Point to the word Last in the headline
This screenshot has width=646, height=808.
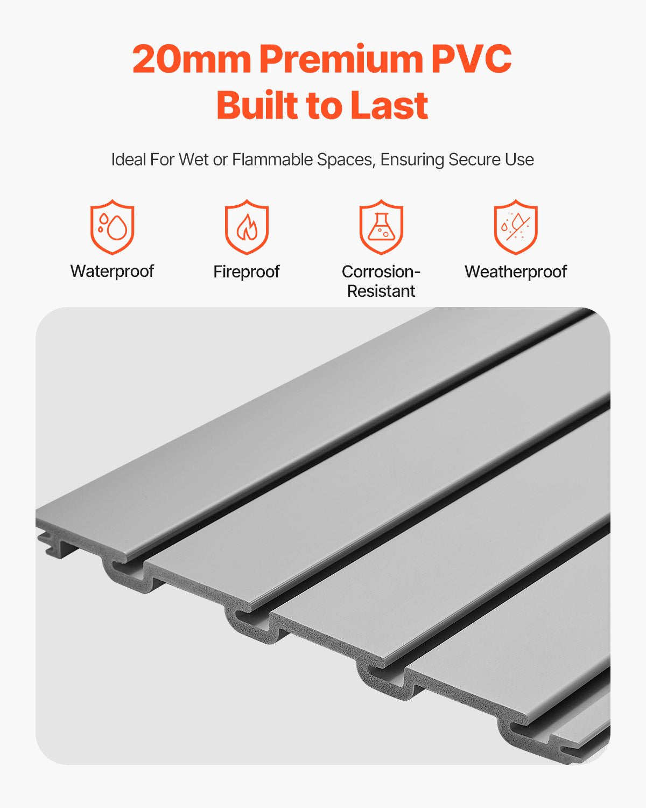(x=389, y=105)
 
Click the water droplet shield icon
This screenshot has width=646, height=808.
(x=112, y=227)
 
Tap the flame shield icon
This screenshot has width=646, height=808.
(x=247, y=227)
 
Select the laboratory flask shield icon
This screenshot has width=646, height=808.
(x=381, y=227)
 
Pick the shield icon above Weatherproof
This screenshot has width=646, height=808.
(x=516, y=227)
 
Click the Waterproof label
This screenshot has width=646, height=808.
(x=112, y=271)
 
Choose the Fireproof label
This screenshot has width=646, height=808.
(x=247, y=271)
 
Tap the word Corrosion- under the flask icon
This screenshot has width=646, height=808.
(x=381, y=271)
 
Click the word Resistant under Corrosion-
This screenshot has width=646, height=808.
(x=381, y=291)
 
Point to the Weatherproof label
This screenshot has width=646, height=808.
(x=516, y=271)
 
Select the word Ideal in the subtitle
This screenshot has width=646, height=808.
(x=128, y=159)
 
